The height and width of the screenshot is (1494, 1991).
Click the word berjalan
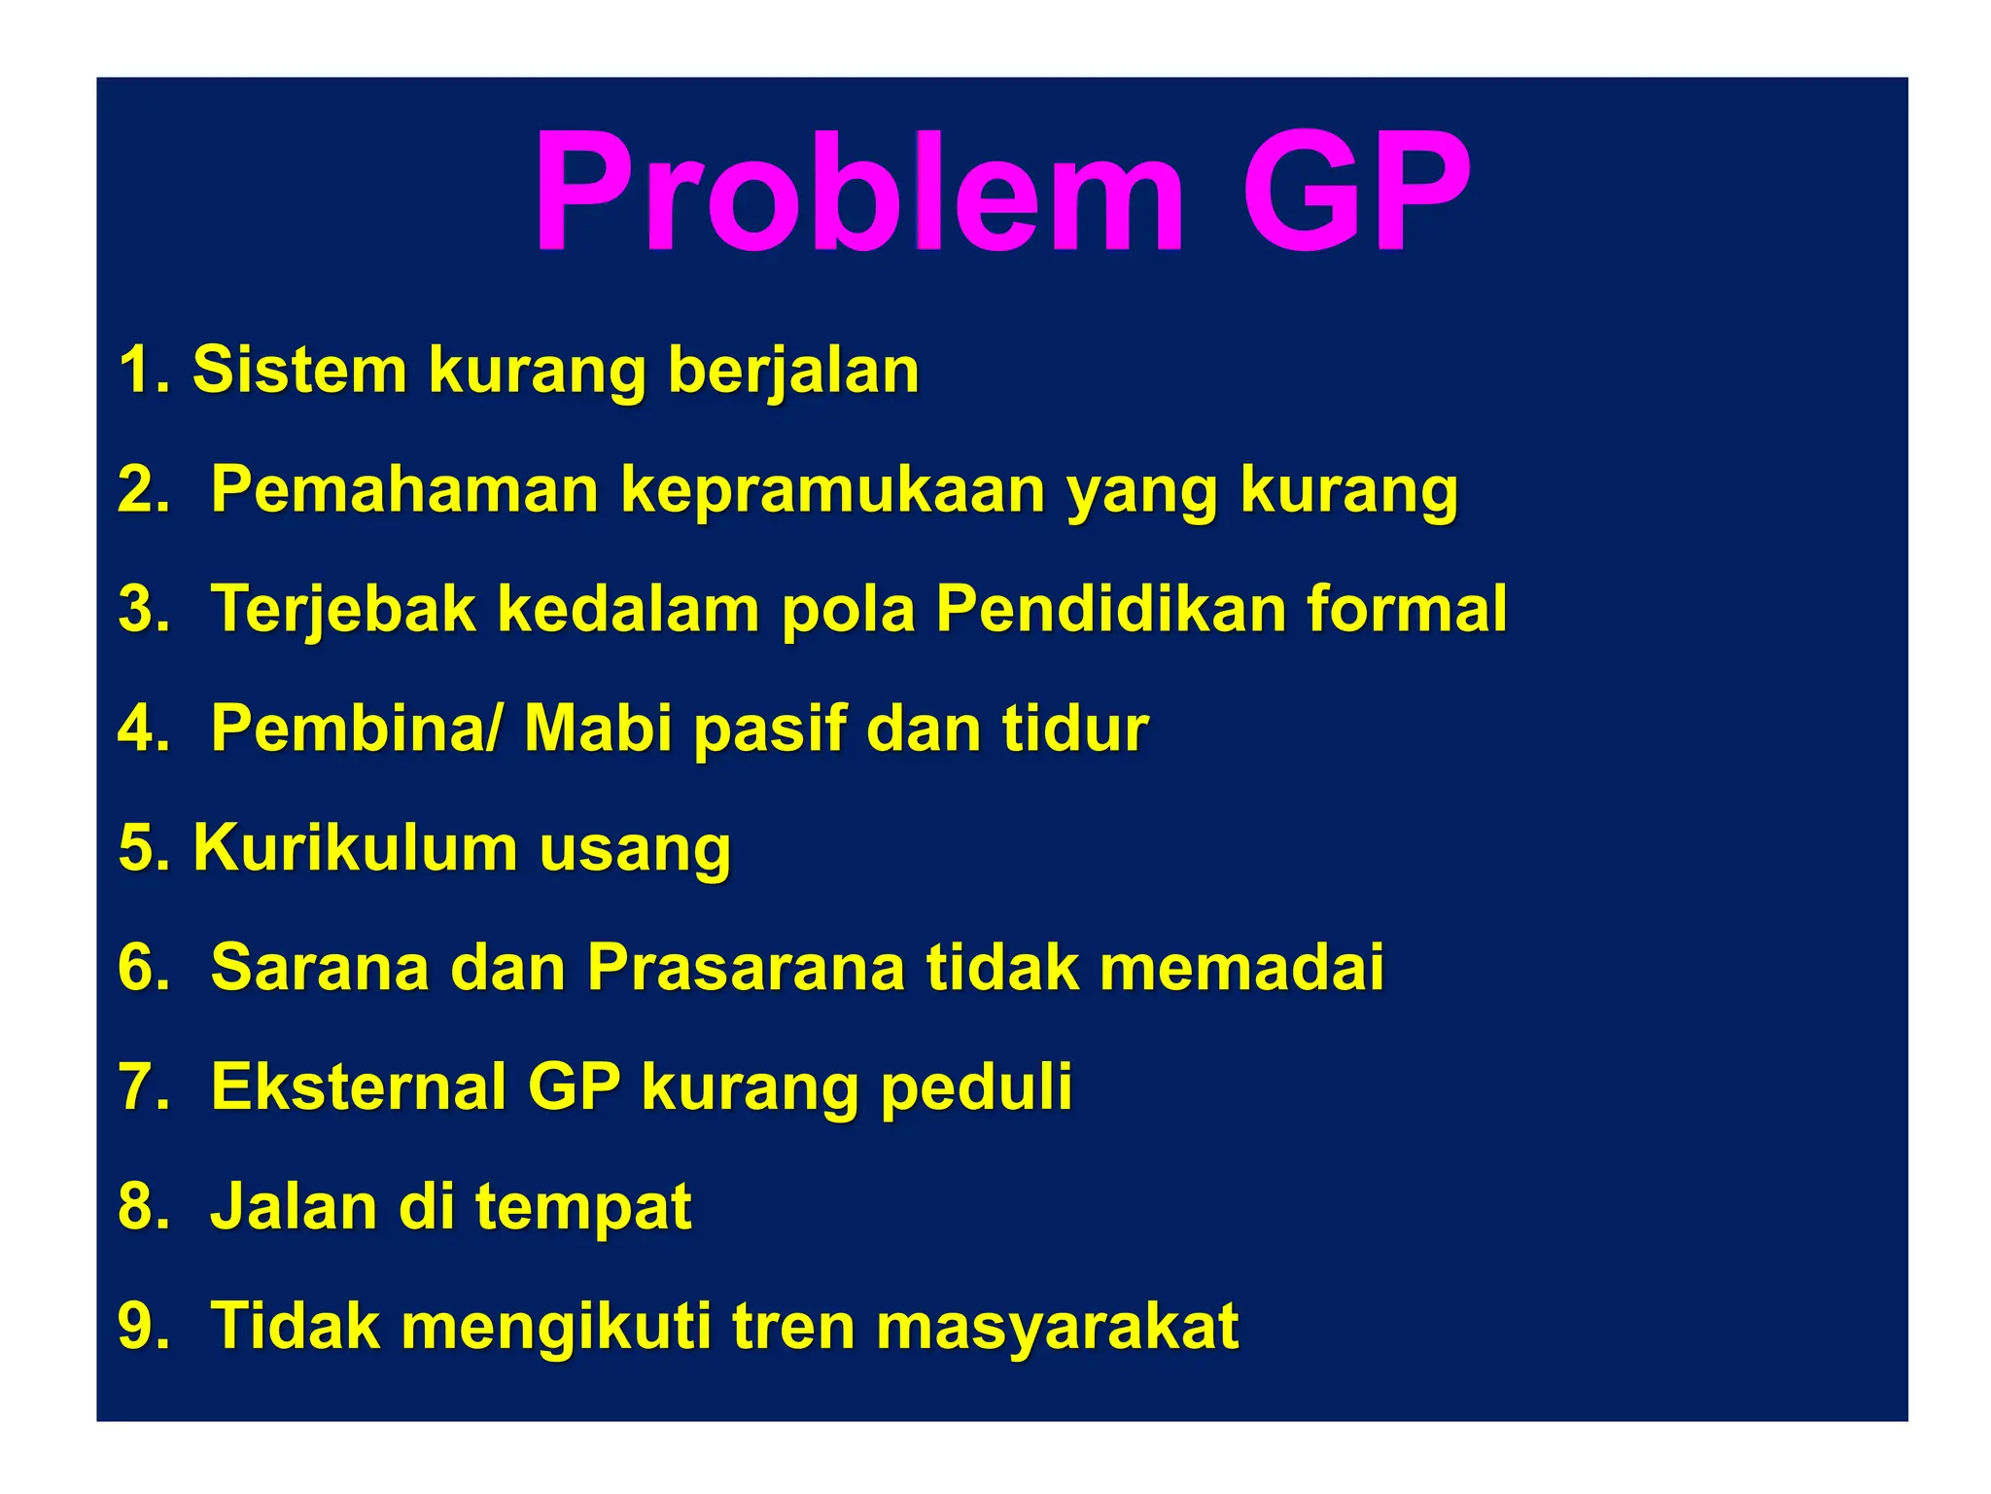pyautogui.click(x=793, y=373)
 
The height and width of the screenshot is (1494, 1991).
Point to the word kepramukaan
pyautogui.click(x=832, y=491)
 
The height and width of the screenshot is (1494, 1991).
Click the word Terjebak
pyautogui.click(x=343, y=611)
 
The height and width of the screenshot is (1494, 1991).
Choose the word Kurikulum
pyautogui.click(x=355, y=848)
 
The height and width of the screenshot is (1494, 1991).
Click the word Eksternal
pyautogui.click(x=358, y=1086)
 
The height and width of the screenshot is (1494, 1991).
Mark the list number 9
pyautogui.click(x=141, y=1326)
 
